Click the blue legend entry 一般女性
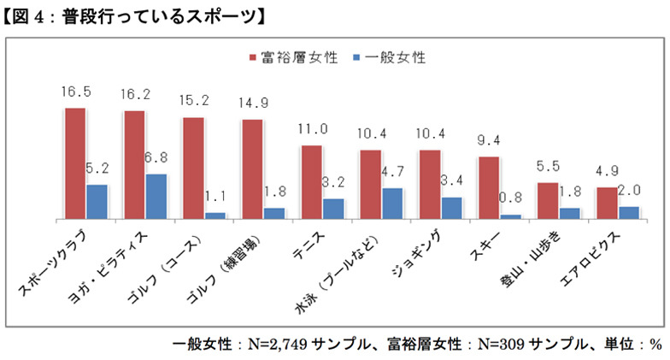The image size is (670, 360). coord(388,58)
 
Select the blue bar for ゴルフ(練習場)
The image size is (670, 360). coord(274,214)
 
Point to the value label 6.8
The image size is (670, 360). coord(159,159)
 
